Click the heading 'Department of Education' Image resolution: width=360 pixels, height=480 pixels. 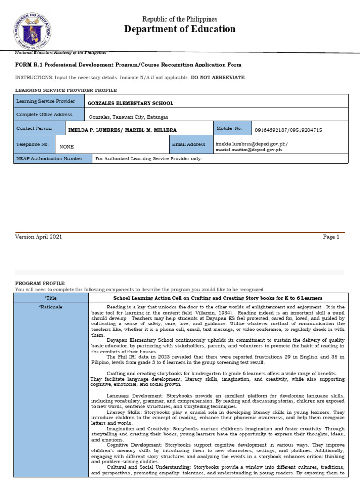(x=180, y=30)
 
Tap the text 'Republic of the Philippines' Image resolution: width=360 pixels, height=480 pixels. (x=180, y=19)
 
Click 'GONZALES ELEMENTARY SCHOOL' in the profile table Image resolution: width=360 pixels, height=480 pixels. (x=130, y=103)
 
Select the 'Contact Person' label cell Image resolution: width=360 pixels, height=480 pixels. (x=39, y=128)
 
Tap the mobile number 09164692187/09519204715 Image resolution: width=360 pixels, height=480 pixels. (x=288, y=130)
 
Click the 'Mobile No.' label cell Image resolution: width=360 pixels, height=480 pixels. (x=232, y=128)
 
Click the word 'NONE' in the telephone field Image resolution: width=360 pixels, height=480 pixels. (x=67, y=147)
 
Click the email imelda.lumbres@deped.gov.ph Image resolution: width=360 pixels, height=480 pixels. (x=252, y=144)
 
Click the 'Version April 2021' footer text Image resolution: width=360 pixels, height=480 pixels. (x=38, y=237)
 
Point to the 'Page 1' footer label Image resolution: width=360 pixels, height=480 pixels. (x=331, y=237)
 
